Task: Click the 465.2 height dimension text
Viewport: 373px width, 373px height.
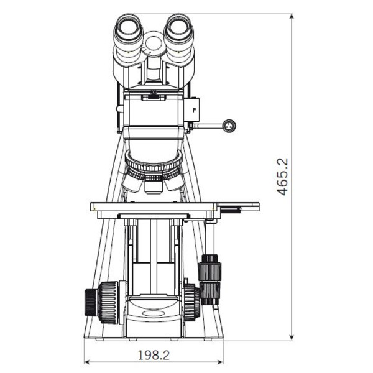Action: pos(283,177)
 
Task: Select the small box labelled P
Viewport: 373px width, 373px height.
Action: pos(195,110)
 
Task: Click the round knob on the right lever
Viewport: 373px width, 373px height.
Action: pos(231,126)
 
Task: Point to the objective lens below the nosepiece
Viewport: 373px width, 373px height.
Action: pos(154,185)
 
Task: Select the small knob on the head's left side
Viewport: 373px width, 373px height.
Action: pos(119,109)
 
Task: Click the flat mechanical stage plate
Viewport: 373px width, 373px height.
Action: pos(155,206)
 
